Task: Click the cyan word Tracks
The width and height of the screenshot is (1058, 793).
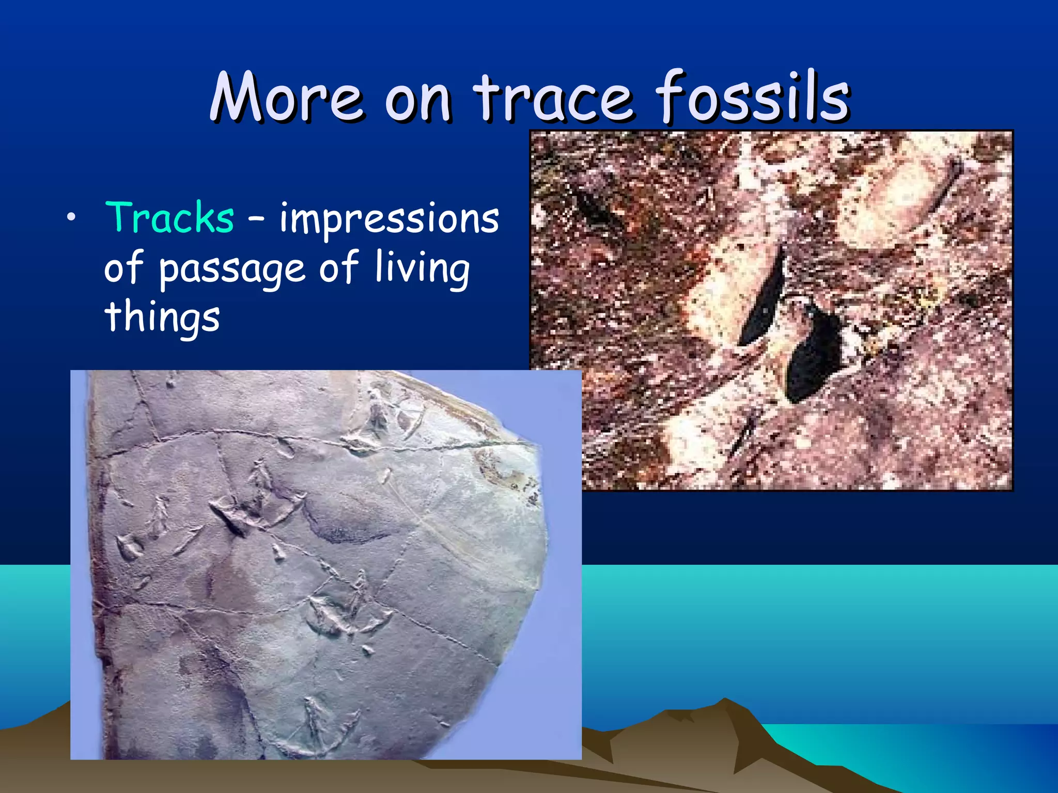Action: click(169, 218)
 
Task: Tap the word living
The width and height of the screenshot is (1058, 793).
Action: click(422, 268)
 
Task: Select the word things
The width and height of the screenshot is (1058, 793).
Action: click(162, 317)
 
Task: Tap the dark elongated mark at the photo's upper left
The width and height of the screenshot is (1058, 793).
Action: click(594, 207)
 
